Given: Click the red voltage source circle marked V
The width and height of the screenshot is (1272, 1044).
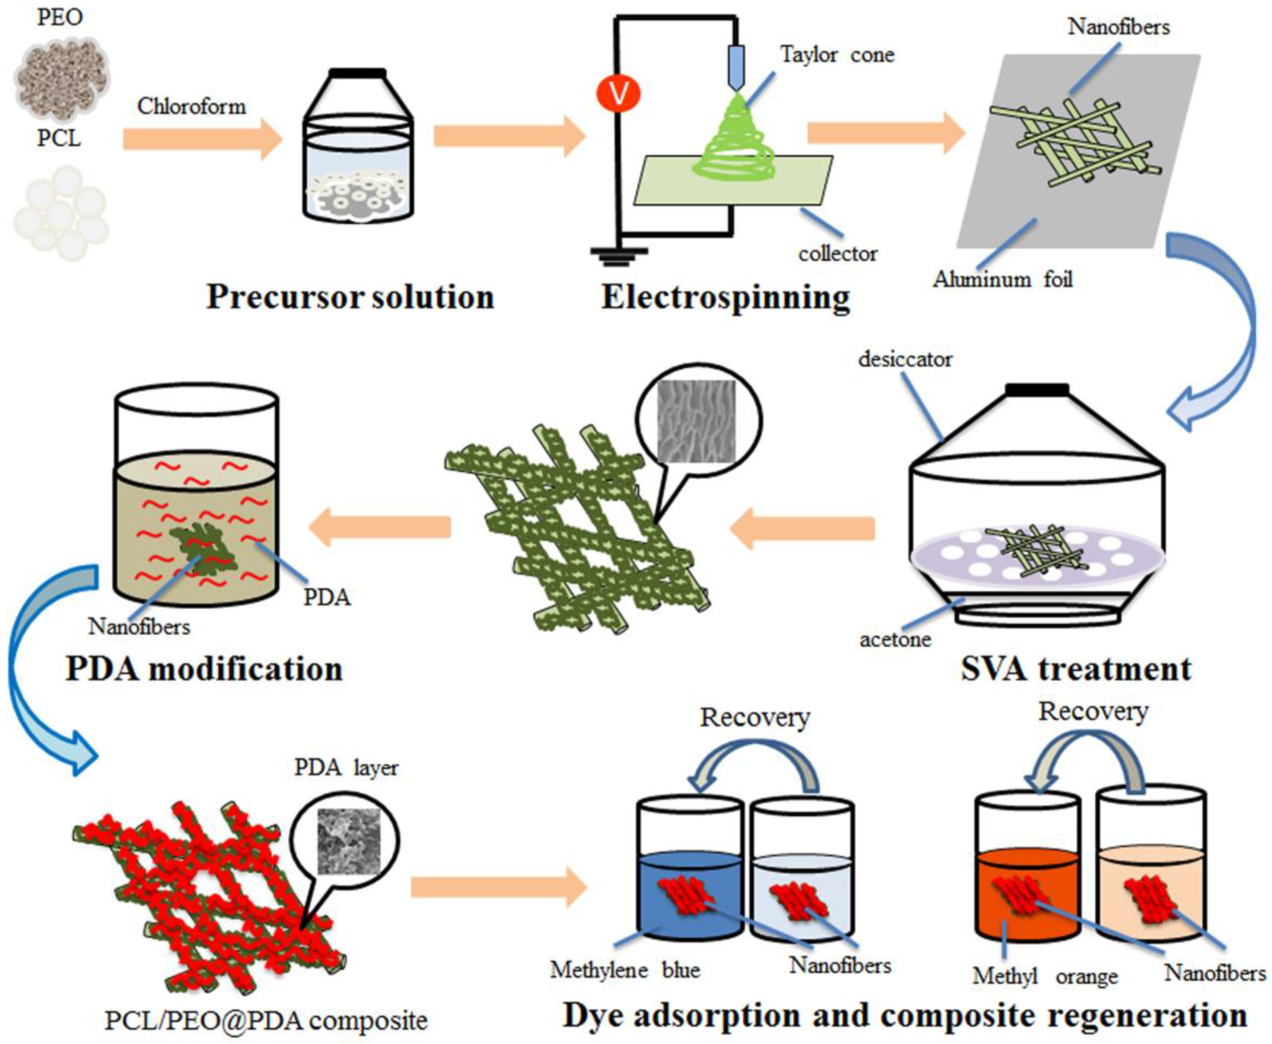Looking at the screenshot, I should pos(618,94).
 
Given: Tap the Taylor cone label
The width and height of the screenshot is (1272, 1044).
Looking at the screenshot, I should pos(837,55).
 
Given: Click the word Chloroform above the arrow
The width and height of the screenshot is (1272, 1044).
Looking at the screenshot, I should pos(192,107).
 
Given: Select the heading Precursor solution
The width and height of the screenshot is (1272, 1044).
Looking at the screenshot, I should pos(350,297).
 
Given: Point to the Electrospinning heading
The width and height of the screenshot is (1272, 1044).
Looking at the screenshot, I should pos(726,297).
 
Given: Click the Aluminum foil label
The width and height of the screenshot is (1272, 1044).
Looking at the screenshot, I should pos(1002,280).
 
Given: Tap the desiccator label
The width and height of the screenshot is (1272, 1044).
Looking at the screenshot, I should pos(905,359).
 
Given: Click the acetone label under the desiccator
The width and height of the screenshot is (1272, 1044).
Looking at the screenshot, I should pos(895,639).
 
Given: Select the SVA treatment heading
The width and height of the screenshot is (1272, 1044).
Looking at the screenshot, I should pos(1075,669).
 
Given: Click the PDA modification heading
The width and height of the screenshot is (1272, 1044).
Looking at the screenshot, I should pos(204,669).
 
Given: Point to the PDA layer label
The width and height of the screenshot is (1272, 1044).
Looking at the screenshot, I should pos(346,767).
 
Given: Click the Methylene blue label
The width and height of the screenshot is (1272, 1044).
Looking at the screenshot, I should pos(625,970).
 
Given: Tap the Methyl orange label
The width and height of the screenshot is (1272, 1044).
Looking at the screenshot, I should pos(1045,976).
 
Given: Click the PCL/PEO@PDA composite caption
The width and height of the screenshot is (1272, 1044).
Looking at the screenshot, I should pos(266,1021).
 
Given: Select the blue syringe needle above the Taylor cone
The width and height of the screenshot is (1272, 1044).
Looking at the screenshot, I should pos(736,66).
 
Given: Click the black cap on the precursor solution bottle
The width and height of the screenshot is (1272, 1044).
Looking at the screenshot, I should pos(358,73).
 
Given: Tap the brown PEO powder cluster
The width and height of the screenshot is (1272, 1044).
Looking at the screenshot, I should pos(61,72).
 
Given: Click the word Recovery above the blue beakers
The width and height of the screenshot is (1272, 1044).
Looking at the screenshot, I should pos(755,717).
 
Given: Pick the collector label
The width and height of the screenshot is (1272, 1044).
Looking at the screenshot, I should pos(837,254).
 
